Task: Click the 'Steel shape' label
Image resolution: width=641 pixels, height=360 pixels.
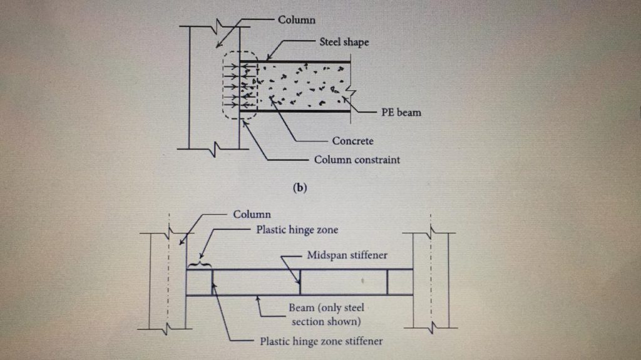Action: pos(344,43)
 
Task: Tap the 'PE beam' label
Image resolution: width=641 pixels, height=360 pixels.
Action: pos(401,113)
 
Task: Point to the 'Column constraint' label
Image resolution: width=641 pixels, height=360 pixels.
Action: pos(357,160)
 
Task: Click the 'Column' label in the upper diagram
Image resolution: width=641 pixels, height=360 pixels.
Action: pos(297,20)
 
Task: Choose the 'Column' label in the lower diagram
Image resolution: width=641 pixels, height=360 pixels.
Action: pos(252,214)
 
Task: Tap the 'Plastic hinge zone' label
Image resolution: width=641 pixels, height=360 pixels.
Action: pos(297,230)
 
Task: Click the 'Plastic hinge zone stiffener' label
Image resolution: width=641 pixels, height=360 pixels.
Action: pos(321,341)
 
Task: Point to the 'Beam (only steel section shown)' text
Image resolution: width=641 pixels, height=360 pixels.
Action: pos(326,314)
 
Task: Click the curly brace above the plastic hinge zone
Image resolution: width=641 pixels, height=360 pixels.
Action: pos(200,264)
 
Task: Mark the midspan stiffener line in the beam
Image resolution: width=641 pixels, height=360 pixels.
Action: pos(300,282)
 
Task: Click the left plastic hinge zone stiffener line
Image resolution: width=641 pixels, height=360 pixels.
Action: pos(212,282)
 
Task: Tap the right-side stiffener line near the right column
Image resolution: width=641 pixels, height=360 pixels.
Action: pos(387,282)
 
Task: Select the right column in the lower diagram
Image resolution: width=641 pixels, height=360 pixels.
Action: pos(430,279)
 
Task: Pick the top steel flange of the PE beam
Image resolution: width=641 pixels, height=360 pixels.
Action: pos(300,62)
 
